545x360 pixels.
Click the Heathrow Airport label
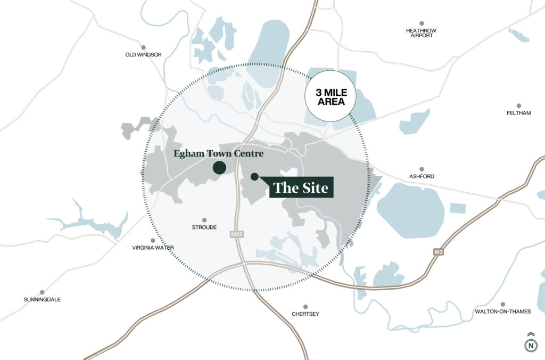421,33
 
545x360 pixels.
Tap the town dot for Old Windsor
143,47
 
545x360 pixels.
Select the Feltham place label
518,113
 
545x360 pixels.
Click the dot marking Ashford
422,169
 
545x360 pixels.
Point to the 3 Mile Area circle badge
329,96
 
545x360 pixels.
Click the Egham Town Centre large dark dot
219,168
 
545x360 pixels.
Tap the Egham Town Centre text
218,154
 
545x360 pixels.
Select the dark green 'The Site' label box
301,187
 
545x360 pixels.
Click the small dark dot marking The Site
254,176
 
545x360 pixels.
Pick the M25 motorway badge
237,234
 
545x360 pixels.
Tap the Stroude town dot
204,219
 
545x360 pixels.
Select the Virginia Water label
153,248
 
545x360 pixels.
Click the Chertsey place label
305,314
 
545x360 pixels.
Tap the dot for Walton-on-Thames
502,303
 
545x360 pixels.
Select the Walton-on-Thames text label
502,312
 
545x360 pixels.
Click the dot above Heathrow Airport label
422,23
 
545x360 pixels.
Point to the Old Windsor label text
143,54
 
